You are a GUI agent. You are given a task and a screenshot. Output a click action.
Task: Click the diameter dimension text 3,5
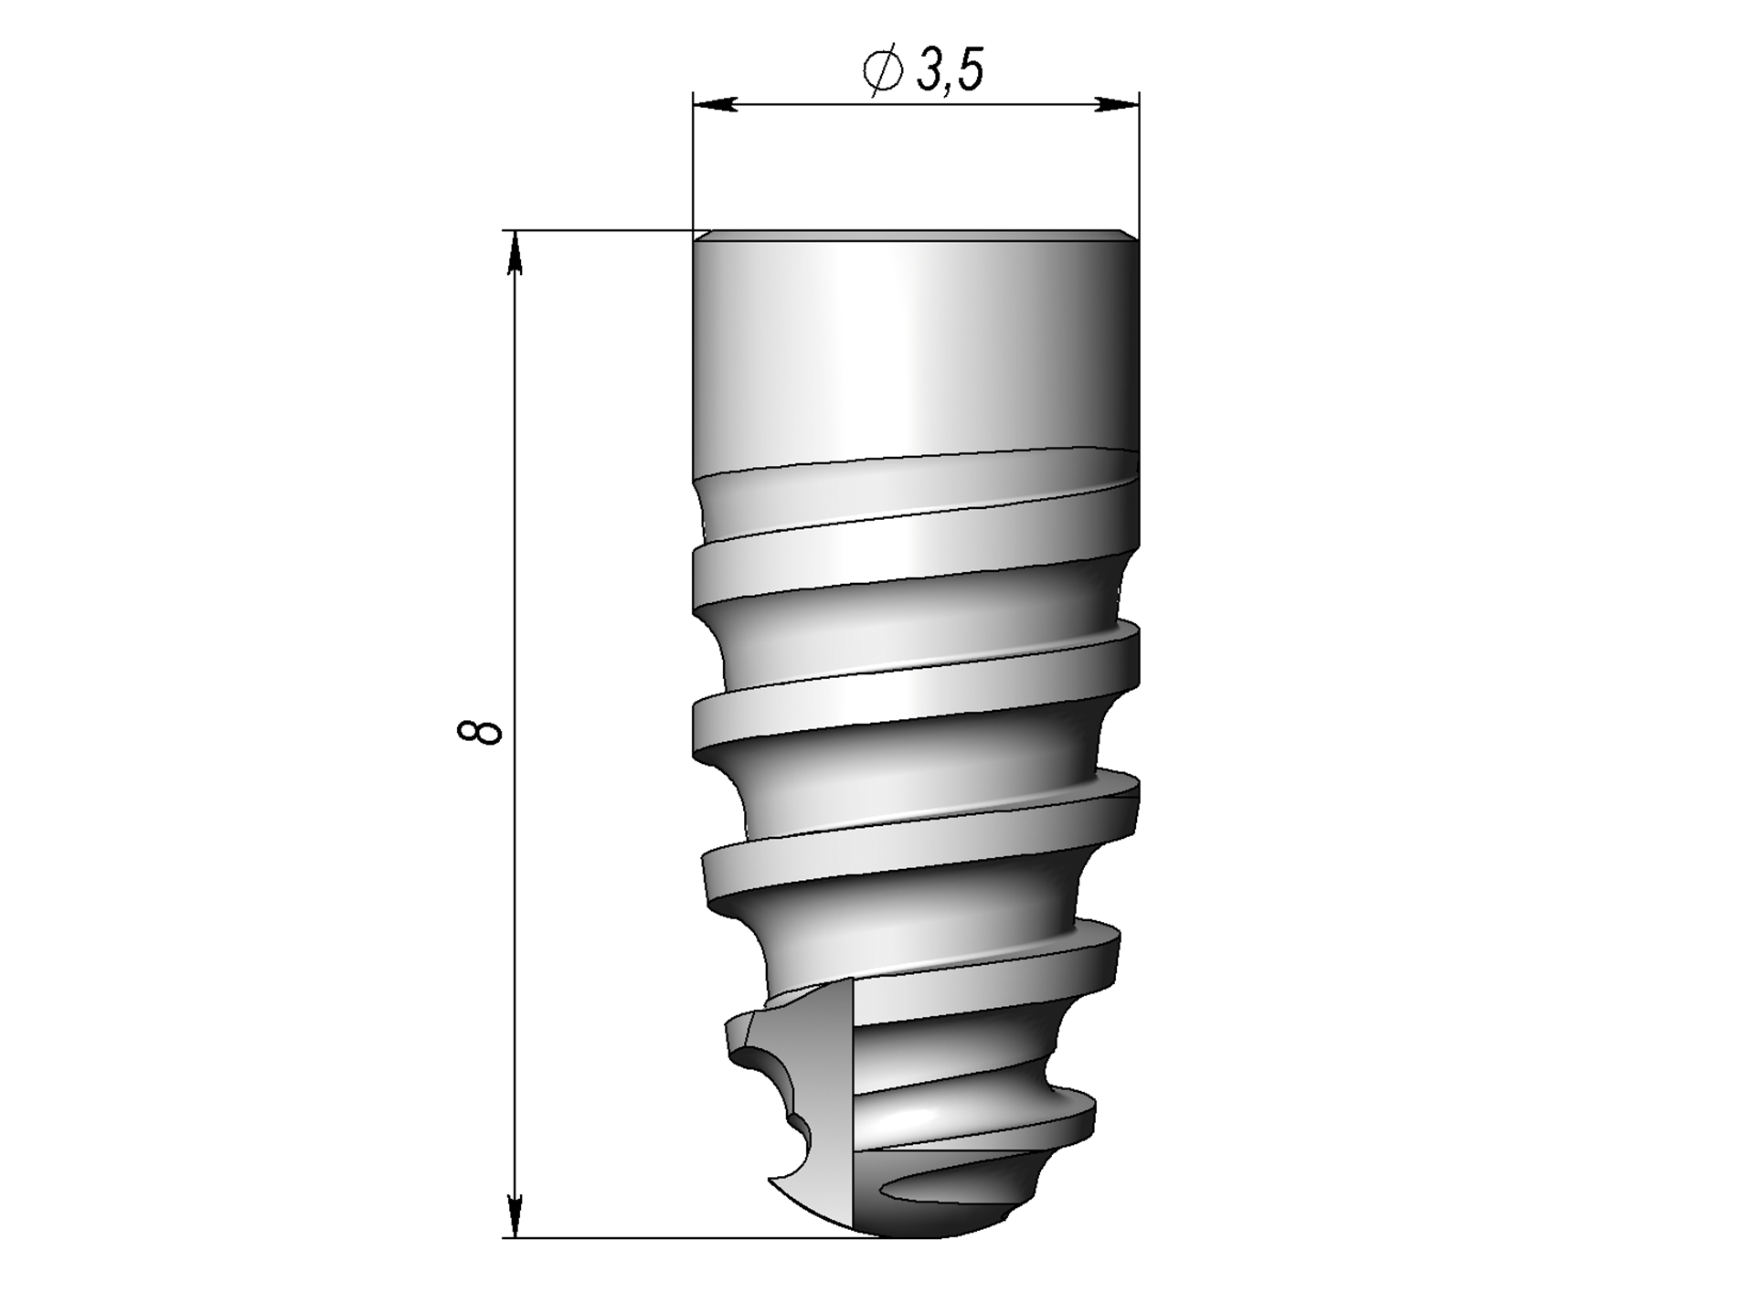pyautogui.click(x=951, y=70)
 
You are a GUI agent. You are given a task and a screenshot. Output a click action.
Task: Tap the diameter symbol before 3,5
pyautogui.click(x=883, y=71)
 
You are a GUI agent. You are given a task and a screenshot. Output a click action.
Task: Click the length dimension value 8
pyautogui.click(x=479, y=732)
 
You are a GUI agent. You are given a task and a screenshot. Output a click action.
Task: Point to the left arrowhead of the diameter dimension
pyautogui.click(x=715, y=105)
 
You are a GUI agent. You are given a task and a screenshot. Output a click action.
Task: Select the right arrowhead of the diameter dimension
pyautogui.click(x=1117, y=105)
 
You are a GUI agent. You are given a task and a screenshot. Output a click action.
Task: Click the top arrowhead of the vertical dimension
pyautogui.click(x=515, y=251)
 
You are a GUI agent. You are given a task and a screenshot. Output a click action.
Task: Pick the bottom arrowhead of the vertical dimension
pyautogui.click(x=515, y=1216)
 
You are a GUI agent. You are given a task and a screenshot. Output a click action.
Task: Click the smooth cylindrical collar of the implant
pyautogui.click(x=916, y=352)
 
